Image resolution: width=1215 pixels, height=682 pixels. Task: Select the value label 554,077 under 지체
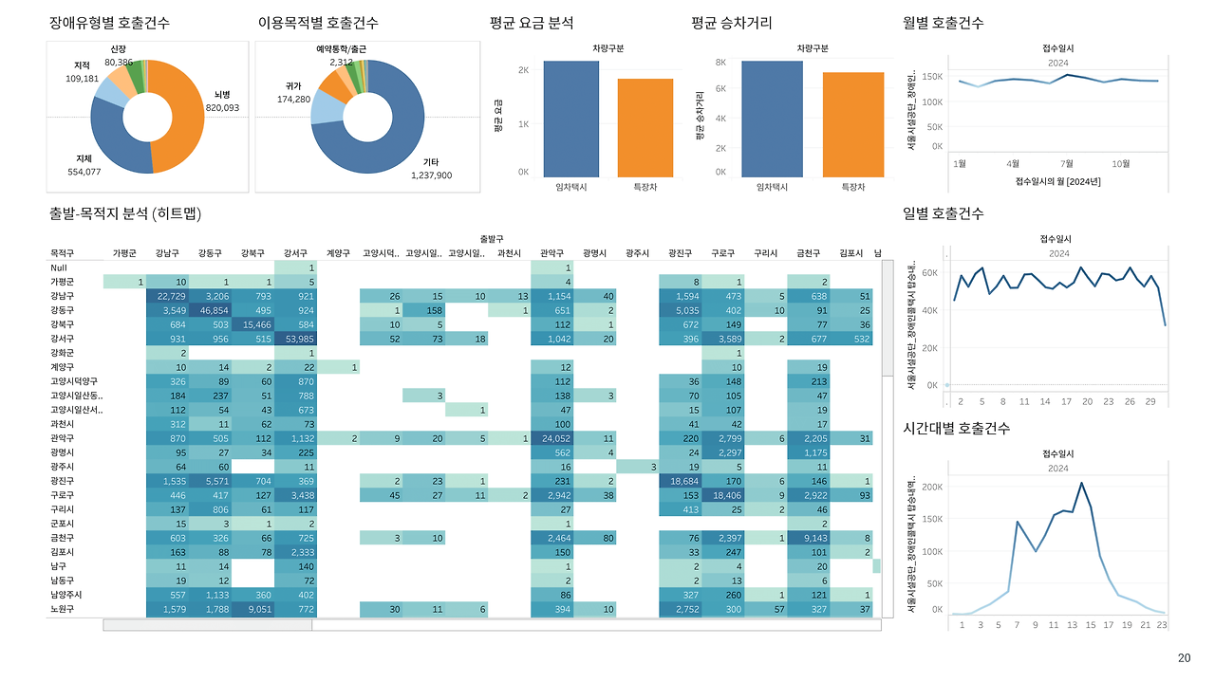(84, 172)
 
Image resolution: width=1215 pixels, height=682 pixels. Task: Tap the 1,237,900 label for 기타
(431, 175)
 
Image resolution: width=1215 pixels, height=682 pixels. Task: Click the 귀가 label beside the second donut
(293, 85)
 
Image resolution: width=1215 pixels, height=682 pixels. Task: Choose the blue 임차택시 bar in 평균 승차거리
(772, 119)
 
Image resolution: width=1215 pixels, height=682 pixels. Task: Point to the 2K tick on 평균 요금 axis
(523, 70)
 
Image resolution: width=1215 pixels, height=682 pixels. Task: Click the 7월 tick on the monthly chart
(1067, 163)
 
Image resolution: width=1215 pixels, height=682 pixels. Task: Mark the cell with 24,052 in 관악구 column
(551, 439)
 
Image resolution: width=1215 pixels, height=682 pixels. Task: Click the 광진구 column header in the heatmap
(680, 253)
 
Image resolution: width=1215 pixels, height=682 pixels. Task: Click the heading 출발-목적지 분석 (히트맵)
(125, 213)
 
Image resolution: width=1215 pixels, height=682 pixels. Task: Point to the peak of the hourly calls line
(1081, 483)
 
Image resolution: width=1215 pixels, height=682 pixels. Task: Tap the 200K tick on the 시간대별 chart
(932, 487)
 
